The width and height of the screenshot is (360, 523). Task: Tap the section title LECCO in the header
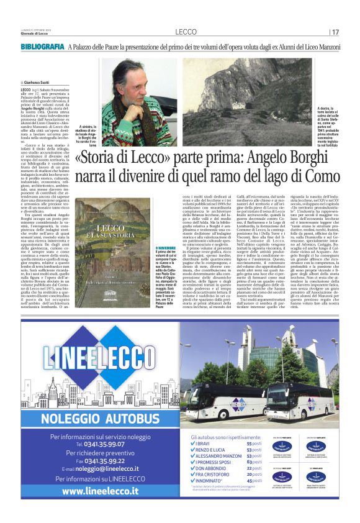(186, 32)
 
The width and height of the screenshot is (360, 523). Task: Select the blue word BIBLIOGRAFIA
(42, 47)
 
